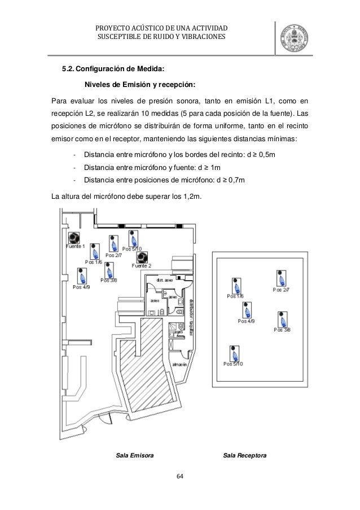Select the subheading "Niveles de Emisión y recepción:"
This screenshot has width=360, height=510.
tap(140, 85)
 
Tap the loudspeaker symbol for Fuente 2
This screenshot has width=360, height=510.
tap(142, 257)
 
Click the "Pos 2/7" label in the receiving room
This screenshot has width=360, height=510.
tap(281, 290)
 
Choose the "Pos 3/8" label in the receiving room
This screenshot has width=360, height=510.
tap(282, 329)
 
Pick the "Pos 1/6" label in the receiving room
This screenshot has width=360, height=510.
tap(235, 296)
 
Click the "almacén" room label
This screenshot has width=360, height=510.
tap(179, 364)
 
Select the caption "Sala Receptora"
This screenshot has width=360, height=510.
tap(245, 455)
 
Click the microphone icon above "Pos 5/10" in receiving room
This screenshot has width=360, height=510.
tap(232, 353)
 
